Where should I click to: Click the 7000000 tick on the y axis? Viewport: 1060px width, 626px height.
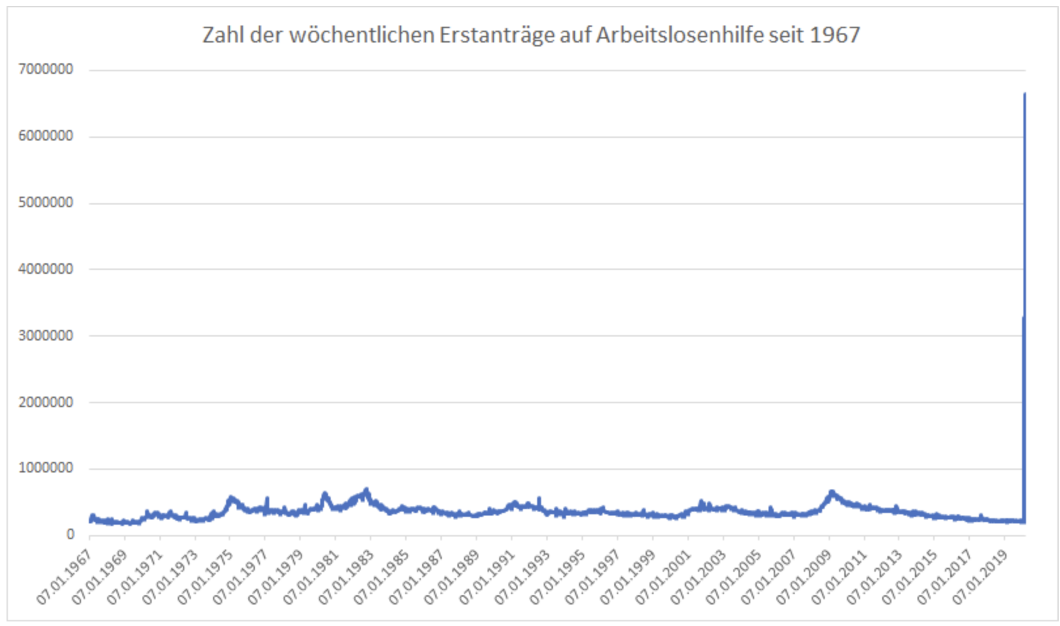(46, 69)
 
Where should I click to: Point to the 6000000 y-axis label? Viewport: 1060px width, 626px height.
(46, 136)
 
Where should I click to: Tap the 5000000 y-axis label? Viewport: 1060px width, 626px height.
(46, 203)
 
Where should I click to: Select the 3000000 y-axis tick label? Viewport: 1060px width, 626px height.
(46, 335)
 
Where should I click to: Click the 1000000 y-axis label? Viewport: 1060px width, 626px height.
(46, 468)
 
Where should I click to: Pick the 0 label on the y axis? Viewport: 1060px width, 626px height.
(70, 535)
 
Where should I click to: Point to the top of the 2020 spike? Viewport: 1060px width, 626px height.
(1024, 94)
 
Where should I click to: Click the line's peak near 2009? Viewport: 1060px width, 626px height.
(831, 491)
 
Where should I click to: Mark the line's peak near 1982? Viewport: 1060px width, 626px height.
(367, 489)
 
